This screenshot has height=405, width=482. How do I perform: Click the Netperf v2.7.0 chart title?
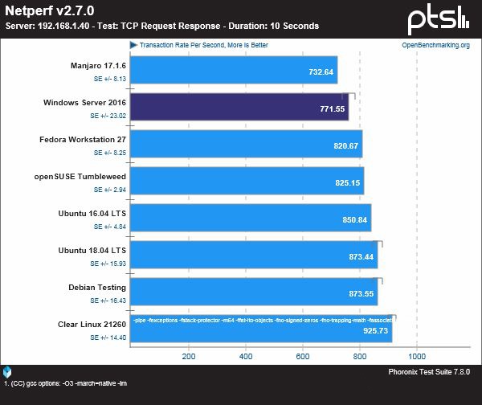(48, 10)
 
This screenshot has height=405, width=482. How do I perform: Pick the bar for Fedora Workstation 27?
(246, 145)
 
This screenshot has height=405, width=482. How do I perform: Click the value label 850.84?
(352, 219)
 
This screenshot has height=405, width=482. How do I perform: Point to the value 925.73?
(374, 330)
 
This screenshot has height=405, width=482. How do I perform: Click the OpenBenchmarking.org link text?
(435, 45)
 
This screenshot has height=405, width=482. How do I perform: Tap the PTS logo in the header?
(438, 17)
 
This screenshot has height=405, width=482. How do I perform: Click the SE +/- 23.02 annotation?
(108, 116)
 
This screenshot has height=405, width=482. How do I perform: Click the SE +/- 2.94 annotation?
(109, 190)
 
